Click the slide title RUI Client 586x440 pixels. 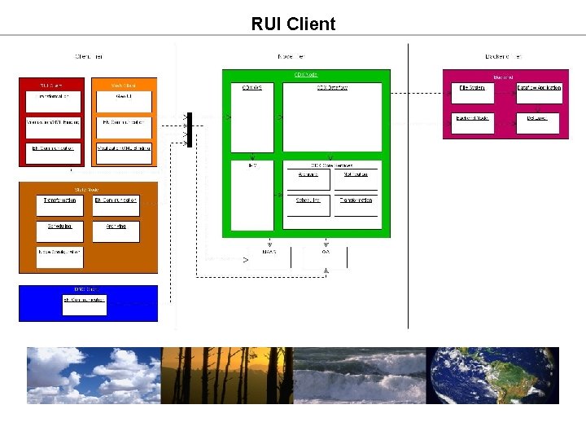[x=293, y=24]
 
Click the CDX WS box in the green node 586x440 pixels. [x=252, y=117]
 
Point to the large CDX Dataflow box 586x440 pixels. [x=332, y=117]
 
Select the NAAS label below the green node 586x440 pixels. [x=269, y=252]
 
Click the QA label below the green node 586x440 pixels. [x=326, y=252]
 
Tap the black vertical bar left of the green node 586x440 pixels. [x=190, y=130]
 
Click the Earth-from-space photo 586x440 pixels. [x=492, y=375]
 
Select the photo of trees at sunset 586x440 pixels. [x=226, y=375]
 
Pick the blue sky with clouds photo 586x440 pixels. [x=94, y=375]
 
